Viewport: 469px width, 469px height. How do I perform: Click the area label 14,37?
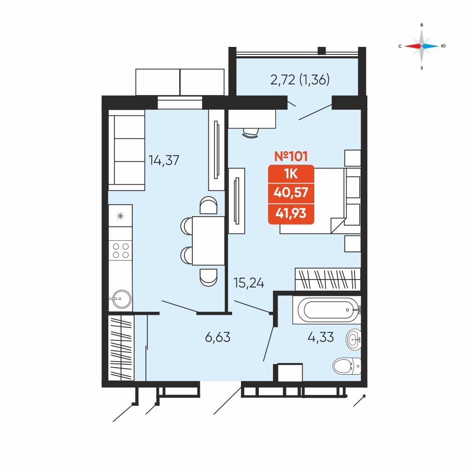164,160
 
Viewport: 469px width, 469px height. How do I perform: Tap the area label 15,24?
249,283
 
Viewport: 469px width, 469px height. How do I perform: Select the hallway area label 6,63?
218,337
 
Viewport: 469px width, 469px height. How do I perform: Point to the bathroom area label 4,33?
321,337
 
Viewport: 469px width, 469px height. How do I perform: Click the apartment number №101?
291,157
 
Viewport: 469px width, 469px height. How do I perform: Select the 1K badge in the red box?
291,174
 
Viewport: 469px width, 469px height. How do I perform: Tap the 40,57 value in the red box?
291,192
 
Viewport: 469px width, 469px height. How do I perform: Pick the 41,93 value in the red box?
291,213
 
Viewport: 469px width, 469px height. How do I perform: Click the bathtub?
327,310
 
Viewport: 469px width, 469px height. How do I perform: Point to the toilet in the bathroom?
347,365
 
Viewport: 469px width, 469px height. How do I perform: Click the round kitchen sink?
120,298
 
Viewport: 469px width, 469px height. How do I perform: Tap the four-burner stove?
121,250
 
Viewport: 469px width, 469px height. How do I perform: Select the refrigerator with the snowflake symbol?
121,216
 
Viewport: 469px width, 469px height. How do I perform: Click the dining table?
208,241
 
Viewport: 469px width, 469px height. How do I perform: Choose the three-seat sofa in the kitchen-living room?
127,150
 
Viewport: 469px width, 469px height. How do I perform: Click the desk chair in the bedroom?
250,133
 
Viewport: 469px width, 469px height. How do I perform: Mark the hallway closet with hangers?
121,347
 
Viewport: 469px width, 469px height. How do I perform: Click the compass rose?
422,46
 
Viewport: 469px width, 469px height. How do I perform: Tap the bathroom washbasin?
354,340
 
